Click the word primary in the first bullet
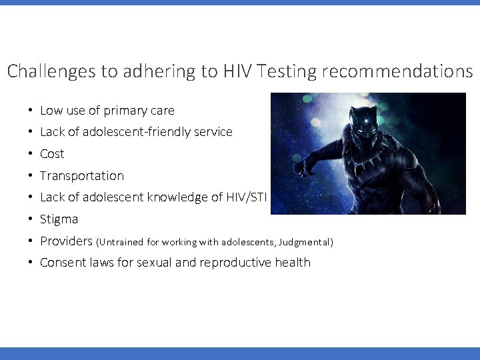point(127,111)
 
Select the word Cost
point(52,154)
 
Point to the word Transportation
point(82,176)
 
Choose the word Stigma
point(59,219)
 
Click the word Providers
point(67,241)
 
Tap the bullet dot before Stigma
point(31,219)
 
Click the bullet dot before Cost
point(31,154)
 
